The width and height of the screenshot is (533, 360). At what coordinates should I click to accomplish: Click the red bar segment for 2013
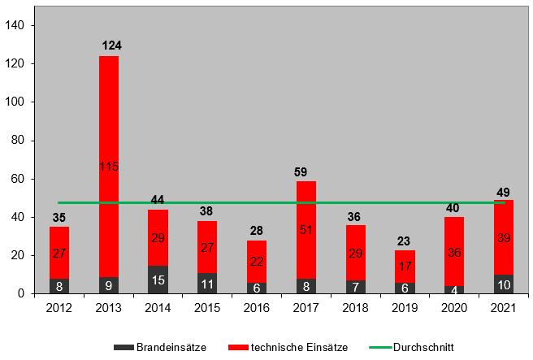(x=110, y=122)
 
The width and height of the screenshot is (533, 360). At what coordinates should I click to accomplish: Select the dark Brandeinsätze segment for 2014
(x=158, y=280)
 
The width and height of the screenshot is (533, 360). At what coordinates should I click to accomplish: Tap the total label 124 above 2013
(x=110, y=45)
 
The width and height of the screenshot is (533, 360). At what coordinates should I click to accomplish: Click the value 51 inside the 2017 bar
(x=306, y=230)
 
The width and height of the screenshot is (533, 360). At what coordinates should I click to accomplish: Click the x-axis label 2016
(x=257, y=307)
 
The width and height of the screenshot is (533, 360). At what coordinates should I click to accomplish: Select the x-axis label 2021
(x=503, y=307)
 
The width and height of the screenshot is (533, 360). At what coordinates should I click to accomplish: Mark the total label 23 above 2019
(x=405, y=240)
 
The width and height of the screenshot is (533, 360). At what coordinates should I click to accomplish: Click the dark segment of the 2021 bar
(x=503, y=284)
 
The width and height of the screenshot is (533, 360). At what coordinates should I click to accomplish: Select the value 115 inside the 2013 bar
(x=110, y=167)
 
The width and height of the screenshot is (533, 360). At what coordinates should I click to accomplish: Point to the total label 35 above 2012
(x=60, y=217)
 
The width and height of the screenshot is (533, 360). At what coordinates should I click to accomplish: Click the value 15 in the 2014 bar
(x=158, y=280)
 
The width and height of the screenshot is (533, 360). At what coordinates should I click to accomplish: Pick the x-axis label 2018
(x=355, y=307)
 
